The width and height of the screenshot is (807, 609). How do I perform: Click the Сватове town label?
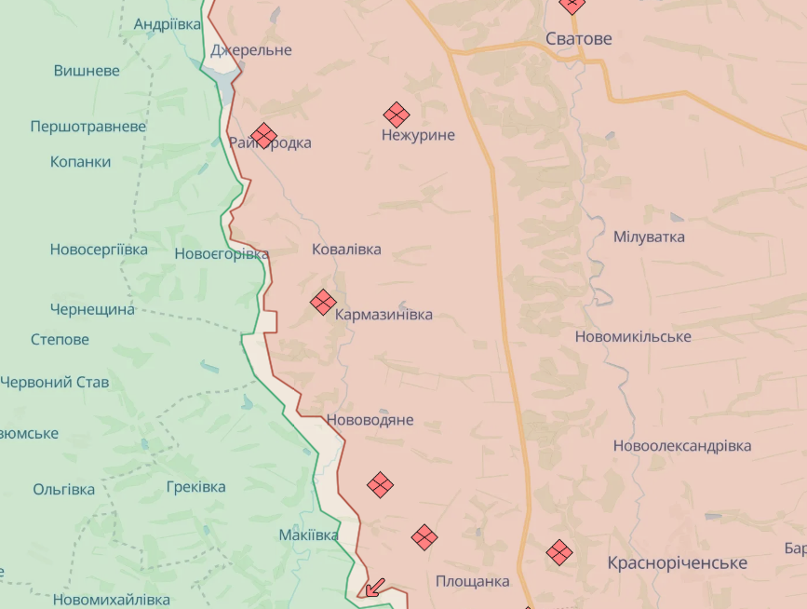(x=578, y=39)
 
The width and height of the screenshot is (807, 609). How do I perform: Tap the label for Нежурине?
(x=418, y=135)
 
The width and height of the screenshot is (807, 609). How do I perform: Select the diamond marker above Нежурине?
(x=397, y=115)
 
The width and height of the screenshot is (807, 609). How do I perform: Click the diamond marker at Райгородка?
(x=264, y=136)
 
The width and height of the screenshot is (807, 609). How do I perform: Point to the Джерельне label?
(x=250, y=50)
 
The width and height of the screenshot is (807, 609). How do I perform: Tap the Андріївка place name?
(x=168, y=24)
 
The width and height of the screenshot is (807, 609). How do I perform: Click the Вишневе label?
(x=87, y=71)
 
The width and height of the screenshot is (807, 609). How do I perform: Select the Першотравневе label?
(x=88, y=126)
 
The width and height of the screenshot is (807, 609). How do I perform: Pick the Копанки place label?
(x=80, y=161)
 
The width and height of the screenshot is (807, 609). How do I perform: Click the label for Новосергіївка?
(x=99, y=250)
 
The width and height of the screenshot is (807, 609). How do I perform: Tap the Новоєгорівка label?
(x=222, y=254)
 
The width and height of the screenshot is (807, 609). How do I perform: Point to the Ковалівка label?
(x=346, y=250)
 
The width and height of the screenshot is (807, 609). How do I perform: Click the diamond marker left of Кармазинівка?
(x=323, y=302)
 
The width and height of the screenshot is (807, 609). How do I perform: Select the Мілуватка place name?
(x=649, y=237)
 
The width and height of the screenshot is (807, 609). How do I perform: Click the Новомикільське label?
(x=633, y=336)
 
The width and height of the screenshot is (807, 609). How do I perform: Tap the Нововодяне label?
(x=370, y=420)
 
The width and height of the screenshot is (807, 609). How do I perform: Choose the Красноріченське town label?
(x=677, y=563)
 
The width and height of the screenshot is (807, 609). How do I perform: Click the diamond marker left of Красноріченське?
(x=559, y=552)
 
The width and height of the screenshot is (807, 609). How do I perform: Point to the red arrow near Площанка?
(x=374, y=587)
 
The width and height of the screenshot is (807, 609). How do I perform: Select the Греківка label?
(x=195, y=487)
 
